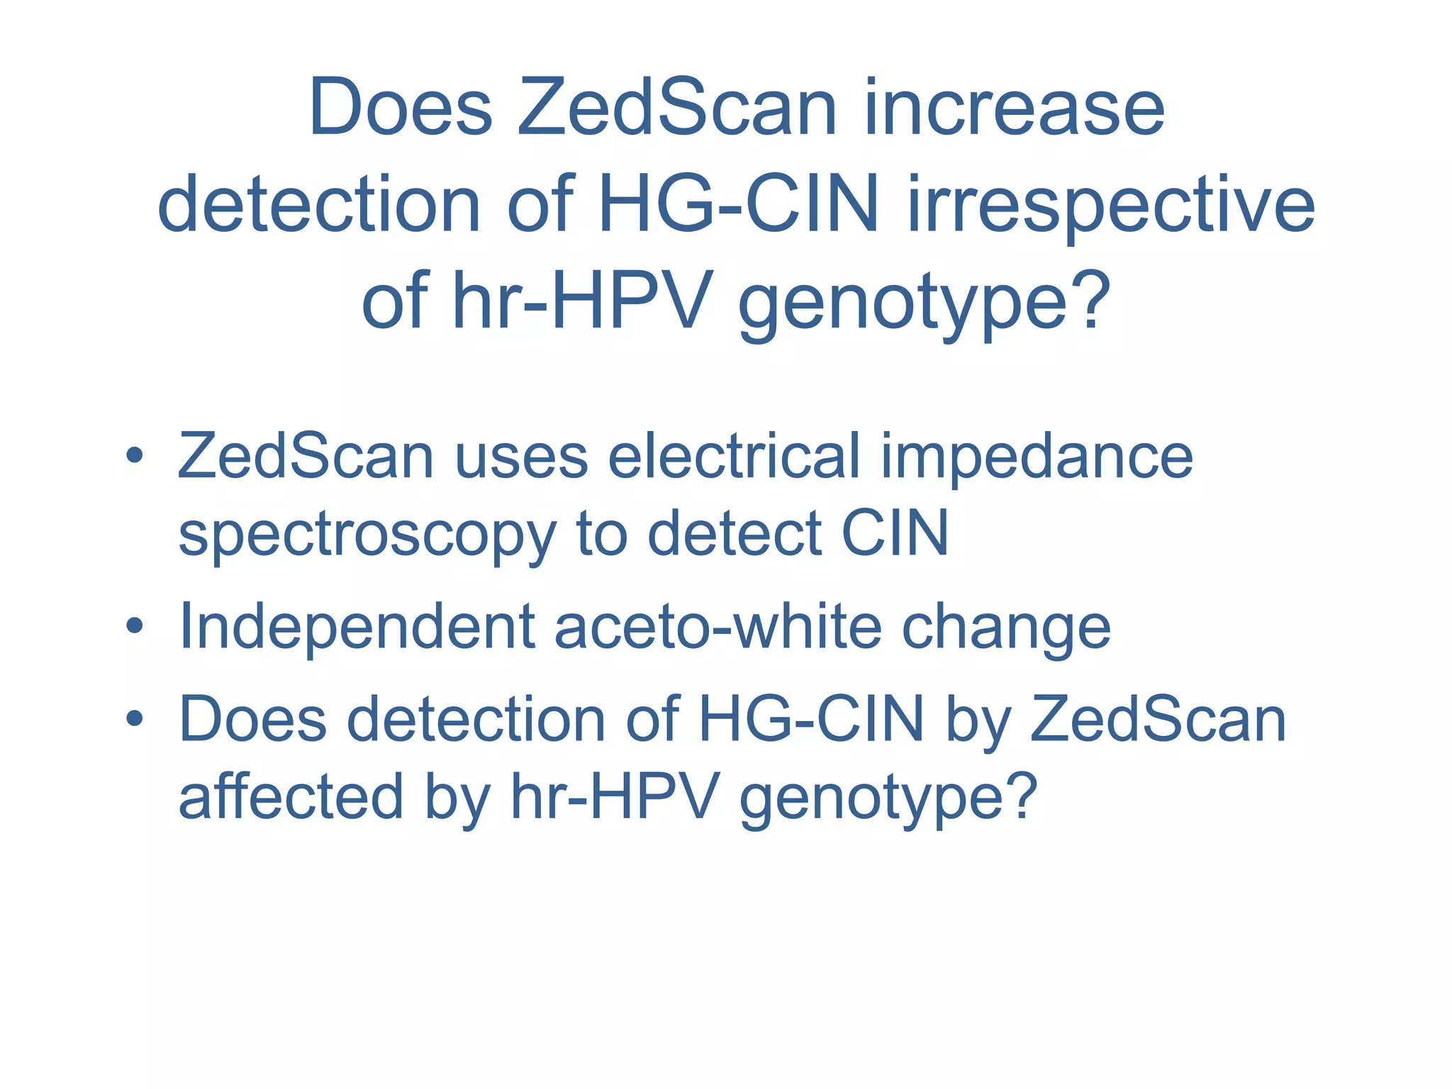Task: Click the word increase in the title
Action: (x=1015, y=108)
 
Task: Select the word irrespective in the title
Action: (x=1111, y=206)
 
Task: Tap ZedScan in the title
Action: (x=677, y=108)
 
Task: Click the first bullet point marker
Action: (x=134, y=456)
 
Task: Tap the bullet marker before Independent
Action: (x=134, y=627)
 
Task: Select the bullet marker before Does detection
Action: (x=134, y=720)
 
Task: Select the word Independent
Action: (x=357, y=628)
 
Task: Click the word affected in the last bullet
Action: (x=291, y=797)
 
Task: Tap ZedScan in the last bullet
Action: (x=1157, y=720)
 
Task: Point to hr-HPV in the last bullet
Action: (x=615, y=797)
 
